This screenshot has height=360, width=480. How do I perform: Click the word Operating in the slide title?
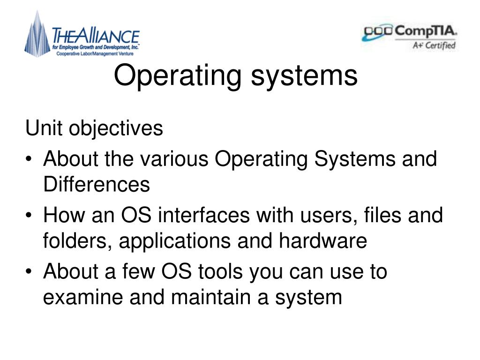178,76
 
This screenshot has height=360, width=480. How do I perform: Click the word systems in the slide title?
304,76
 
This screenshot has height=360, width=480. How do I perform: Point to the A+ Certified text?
434,45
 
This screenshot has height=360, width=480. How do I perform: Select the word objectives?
116,128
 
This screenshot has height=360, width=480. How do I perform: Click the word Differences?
97,184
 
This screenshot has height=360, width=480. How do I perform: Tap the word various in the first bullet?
174,159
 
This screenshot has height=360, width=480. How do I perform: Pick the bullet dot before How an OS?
29,215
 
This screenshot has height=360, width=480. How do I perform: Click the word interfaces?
204,215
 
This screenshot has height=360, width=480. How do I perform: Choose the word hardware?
322,240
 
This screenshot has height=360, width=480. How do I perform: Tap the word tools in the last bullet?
220,271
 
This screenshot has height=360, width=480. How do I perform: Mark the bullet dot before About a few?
29,271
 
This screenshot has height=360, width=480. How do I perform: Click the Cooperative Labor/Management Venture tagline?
95,54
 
